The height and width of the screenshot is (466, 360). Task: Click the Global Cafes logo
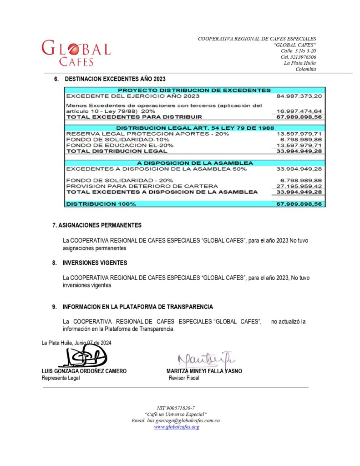pyautogui.click(x=76, y=53)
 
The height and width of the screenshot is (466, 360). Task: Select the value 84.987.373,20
pyautogui.click(x=299, y=96)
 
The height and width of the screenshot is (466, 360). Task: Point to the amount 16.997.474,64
pyautogui.click(x=299, y=111)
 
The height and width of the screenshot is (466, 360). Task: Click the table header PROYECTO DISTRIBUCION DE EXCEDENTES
pyautogui.click(x=194, y=90)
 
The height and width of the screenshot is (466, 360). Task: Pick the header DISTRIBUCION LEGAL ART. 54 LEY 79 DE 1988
pyautogui.click(x=194, y=128)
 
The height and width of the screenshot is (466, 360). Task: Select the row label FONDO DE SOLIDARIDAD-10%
pyautogui.click(x=118, y=139)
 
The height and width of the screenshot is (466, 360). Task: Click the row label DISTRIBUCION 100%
pyautogui.click(x=101, y=204)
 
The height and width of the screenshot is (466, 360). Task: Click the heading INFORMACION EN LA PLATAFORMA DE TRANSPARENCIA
pyautogui.click(x=137, y=307)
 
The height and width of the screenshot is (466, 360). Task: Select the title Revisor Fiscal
pyautogui.click(x=183, y=378)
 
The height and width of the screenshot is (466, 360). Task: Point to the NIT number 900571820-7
pyautogui.click(x=175, y=408)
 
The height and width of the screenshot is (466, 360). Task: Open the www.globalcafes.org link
pyautogui.click(x=176, y=427)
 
